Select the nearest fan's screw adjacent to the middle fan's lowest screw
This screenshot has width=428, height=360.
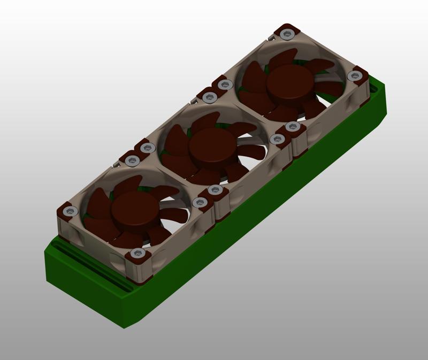[200, 202]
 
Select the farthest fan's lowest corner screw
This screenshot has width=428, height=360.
[292, 127]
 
